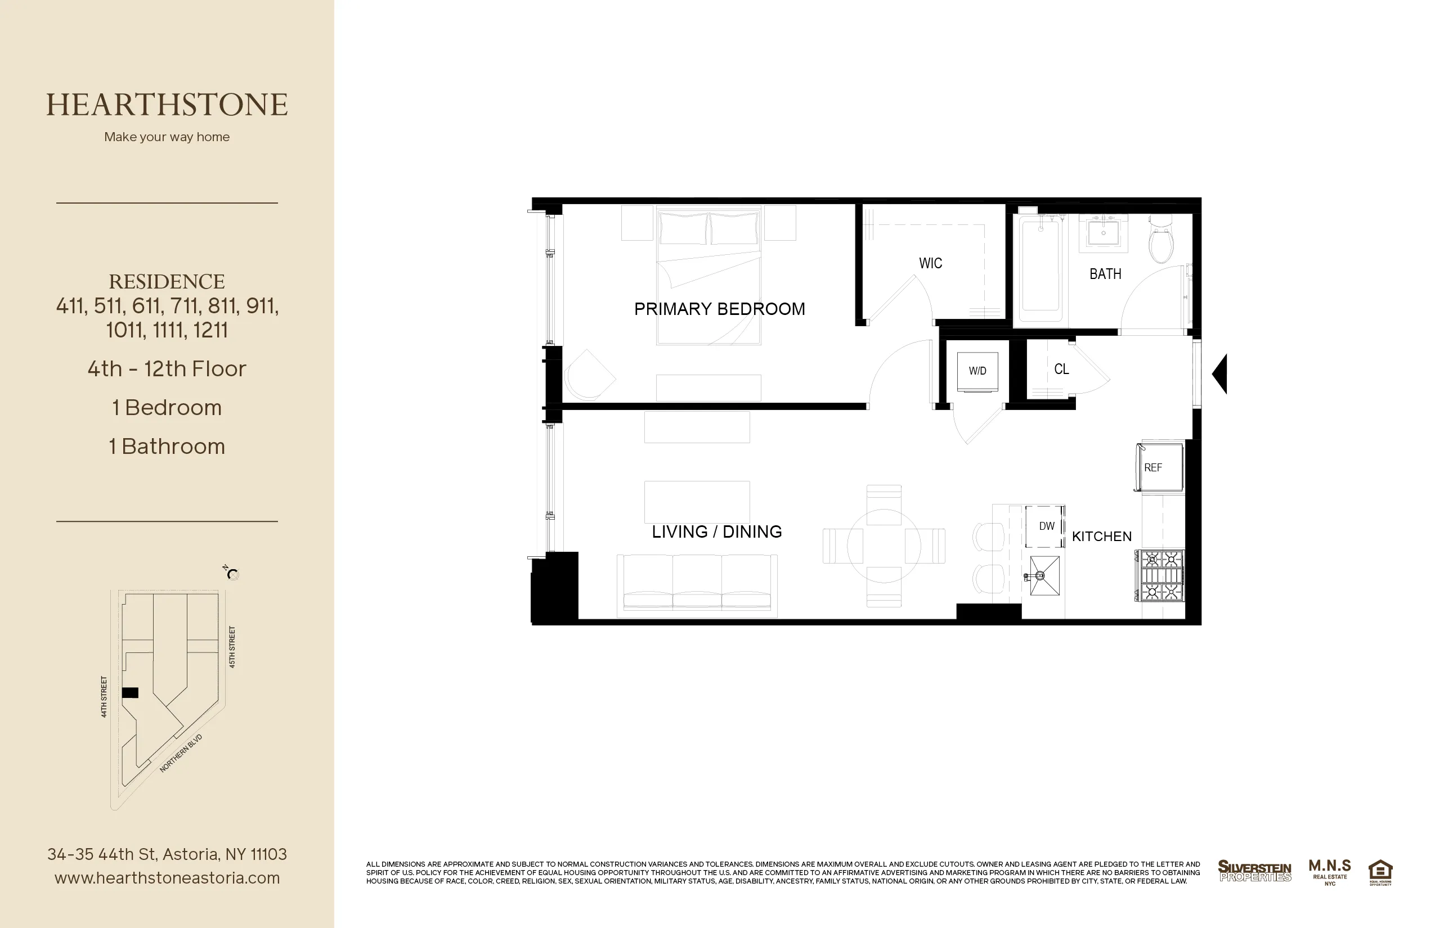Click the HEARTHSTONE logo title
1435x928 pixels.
pos(167,105)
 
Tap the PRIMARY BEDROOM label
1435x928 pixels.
pos(719,309)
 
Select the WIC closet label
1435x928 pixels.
pos(930,263)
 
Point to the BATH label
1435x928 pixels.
pos(1105,274)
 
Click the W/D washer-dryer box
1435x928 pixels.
pos(977,371)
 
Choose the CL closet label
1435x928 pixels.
pos(1061,369)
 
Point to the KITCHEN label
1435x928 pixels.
pos(1102,537)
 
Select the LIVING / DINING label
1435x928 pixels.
pos(716,531)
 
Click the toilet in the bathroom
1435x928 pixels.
pos(1160,241)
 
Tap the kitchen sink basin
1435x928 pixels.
pos(1045,576)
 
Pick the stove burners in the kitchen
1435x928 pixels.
pos(1162,575)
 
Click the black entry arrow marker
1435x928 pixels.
pos(1220,373)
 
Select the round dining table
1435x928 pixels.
pos(884,546)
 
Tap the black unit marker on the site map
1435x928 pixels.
pos(130,693)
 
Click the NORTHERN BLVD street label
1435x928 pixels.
pos(180,753)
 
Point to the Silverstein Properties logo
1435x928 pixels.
pos(1254,871)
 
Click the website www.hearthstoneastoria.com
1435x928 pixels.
pos(167,878)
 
